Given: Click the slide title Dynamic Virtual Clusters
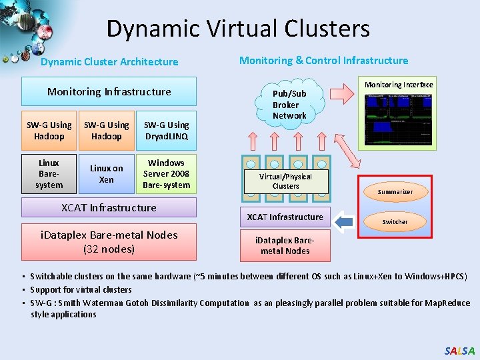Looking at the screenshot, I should tap(237, 29).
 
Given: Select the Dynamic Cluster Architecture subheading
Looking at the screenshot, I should tap(109, 62).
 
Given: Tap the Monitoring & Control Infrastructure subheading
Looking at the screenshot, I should tap(323, 61).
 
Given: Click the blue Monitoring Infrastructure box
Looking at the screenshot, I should tap(109, 91).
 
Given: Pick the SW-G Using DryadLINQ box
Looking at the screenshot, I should tap(166, 131).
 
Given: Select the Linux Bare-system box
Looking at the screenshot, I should tap(49, 174).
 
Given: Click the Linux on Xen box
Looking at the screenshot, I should tap(107, 174).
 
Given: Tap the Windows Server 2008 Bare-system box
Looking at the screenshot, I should tap(166, 174).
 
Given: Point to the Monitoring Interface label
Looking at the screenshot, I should tap(399, 85).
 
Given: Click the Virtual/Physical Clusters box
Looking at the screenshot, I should tap(285, 181).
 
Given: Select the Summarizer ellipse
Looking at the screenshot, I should tap(395, 192).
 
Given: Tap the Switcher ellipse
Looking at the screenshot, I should tap(395, 221).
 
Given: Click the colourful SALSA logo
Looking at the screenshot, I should tap(459, 351).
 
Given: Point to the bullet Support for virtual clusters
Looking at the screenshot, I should tap(81, 289).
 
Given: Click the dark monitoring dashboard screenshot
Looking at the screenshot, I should tap(399, 118).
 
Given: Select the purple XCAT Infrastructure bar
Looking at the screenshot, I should tap(109, 207).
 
